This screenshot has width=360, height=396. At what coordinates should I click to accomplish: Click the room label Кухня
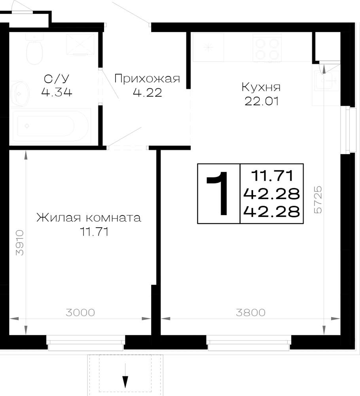point(261,88)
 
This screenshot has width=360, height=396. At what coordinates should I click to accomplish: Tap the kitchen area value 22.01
point(261,101)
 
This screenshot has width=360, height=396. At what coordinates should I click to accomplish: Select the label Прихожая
point(147,79)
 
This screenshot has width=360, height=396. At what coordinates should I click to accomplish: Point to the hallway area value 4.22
point(147,93)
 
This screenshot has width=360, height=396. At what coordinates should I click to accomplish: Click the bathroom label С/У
point(57,78)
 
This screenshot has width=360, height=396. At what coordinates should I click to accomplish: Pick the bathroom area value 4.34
point(57,92)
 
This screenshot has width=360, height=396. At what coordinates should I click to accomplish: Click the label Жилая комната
point(89,218)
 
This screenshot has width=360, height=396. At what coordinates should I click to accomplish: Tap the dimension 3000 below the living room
point(80,313)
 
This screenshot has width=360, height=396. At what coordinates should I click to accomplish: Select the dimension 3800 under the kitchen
point(250,313)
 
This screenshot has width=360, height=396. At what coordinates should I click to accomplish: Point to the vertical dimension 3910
point(20,242)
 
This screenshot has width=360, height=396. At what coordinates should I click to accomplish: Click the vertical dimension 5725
point(318,200)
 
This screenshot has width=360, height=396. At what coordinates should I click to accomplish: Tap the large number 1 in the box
point(218,194)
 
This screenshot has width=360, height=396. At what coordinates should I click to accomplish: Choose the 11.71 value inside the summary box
point(273,175)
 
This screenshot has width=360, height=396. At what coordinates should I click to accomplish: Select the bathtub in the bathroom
point(51,126)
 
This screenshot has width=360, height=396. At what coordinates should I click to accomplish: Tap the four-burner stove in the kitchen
point(267,48)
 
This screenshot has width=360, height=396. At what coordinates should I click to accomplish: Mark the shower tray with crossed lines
point(80,44)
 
